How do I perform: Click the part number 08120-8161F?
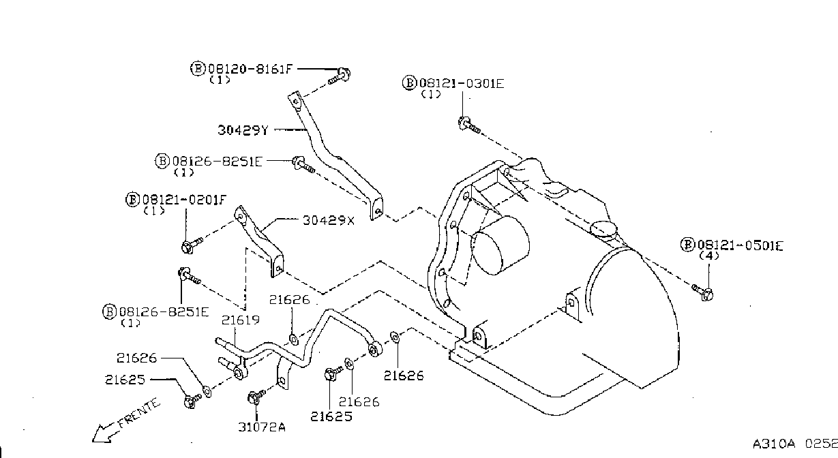click(x=250, y=69)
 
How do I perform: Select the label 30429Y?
click(x=243, y=130)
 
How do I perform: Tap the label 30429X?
click(x=328, y=221)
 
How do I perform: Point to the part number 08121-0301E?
click(x=462, y=83)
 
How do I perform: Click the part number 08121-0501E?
click(x=740, y=245)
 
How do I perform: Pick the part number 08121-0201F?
click(x=184, y=200)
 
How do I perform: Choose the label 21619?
click(x=241, y=320)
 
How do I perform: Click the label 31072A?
click(x=262, y=427)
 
